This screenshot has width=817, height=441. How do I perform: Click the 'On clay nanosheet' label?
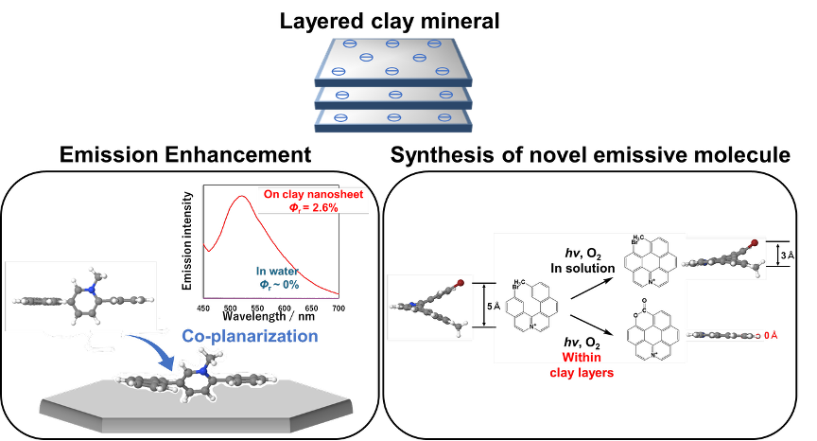[x=313, y=194]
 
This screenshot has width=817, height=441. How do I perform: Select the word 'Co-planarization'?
[x=250, y=337]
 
